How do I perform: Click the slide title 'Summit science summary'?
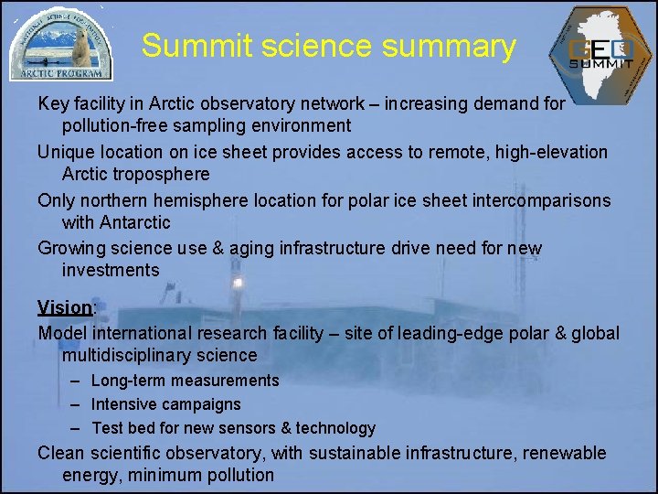point(328,46)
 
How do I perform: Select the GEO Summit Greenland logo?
point(600,51)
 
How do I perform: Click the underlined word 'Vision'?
point(65,306)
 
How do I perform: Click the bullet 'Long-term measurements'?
point(186,381)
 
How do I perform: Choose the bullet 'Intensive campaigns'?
point(166,404)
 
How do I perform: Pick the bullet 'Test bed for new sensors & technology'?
point(233,428)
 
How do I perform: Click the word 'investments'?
point(111,271)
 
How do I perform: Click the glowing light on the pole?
point(237,283)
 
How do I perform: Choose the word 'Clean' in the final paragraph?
point(61,453)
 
